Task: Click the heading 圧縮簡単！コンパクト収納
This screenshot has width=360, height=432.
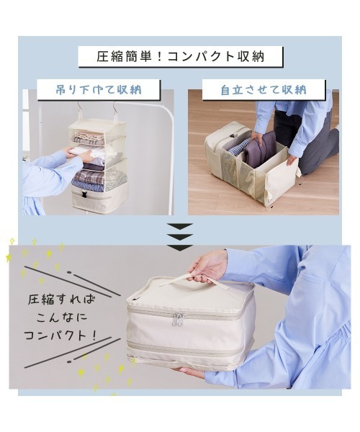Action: pyautogui.click(x=181, y=57)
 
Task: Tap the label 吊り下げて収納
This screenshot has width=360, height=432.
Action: pyautogui.click(x=99, y=90)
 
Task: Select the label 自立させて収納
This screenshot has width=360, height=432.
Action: pyautogui.click(x=264, y=90)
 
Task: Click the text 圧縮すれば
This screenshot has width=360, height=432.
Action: pyautogui.click(x=61, y=300)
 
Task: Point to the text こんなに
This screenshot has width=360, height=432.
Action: pyautogui.click(x=62, y=318)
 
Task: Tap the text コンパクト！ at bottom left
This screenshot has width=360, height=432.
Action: pyautogui.click(x=60, y=336)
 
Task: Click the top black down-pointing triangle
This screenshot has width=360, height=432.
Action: pyautogui.click(x=180, y=227)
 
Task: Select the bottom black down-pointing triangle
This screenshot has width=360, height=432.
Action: pyautogui.click(x=180, y=248)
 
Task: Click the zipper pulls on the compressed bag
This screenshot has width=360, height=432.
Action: pyautogui.click(x=178, y=320)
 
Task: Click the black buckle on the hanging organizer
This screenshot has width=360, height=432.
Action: pyautogui.click(x=83, y=194)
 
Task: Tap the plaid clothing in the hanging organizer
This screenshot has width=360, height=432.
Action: pyautogui.click(x=89, y=176)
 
